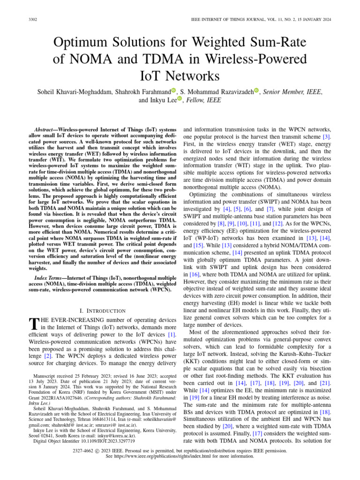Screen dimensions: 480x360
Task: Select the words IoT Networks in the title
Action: (x=180, y=75)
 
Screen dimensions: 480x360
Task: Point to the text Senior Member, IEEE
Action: (x=292, y=92)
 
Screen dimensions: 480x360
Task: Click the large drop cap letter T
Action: (x=33, y=324)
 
